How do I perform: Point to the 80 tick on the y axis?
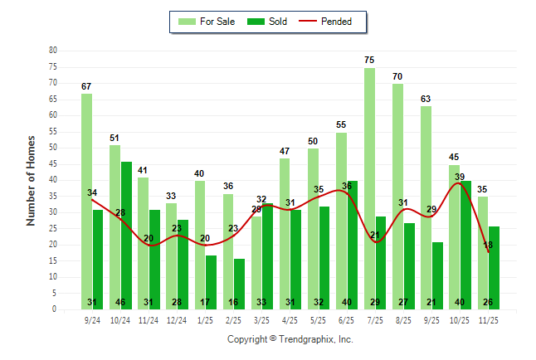[53, 51]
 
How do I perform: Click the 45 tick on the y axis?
[53, 164]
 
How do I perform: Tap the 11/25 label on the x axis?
[489, 319]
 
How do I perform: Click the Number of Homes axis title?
[32, 180]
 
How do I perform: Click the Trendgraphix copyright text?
[290, 339]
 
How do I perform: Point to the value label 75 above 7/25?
[369, 60]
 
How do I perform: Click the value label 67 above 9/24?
[86, 86]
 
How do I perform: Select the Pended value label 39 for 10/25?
[460, 177]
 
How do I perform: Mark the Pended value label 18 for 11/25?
[488, 245]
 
